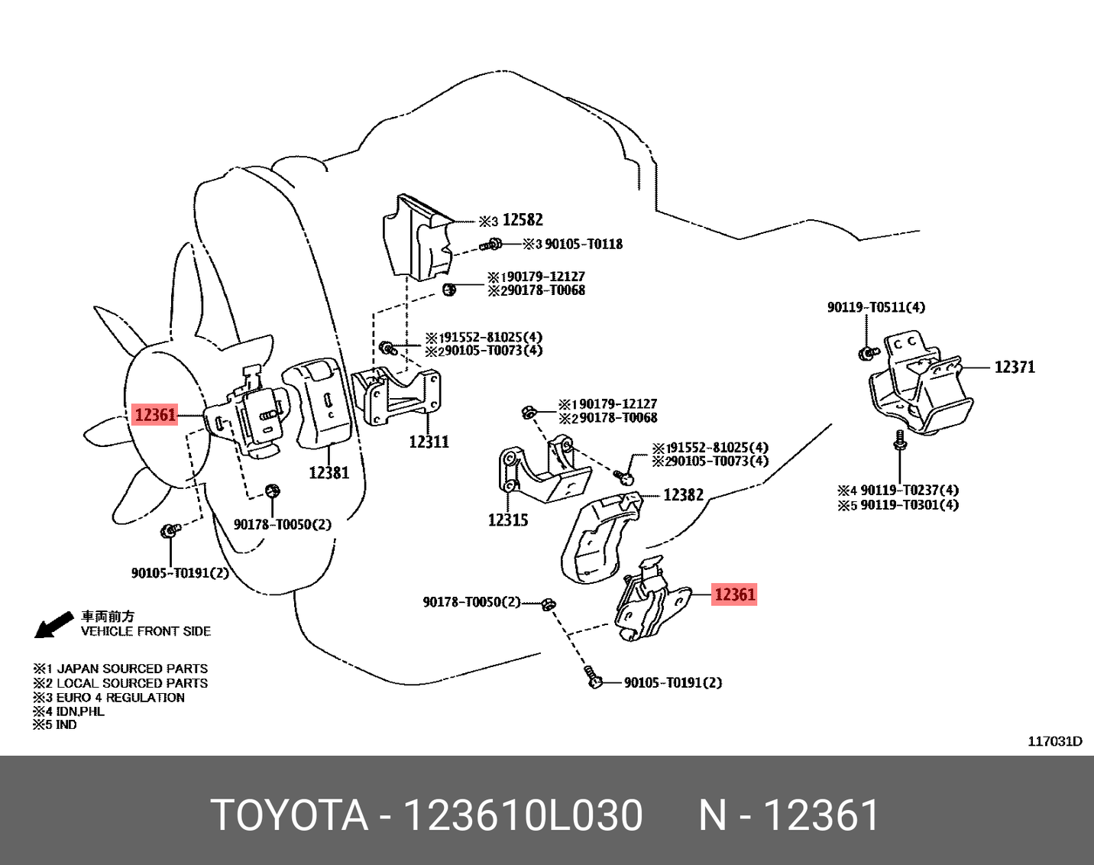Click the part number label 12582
[x=523, y=220]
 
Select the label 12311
[x=429, y=442]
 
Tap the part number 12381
[x=329, y=473]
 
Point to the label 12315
[x=508, y=520]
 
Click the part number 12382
[x=683, y=495]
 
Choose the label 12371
[x=1015, y=368]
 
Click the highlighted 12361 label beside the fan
[x=155, y=415]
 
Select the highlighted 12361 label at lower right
[x=734, y=594]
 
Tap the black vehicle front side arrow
[x=53, y=625]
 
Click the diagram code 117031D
[x=1054, y=741]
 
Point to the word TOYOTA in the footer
[x=290, y=815]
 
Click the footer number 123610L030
[x=523, y=815]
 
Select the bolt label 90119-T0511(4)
[x=876, y=307]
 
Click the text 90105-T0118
[x=584, y=245]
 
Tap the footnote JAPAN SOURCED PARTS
[x=132, y=669]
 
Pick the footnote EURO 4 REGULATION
[x=121, y=698]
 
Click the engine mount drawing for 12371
[x=921, y=386]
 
